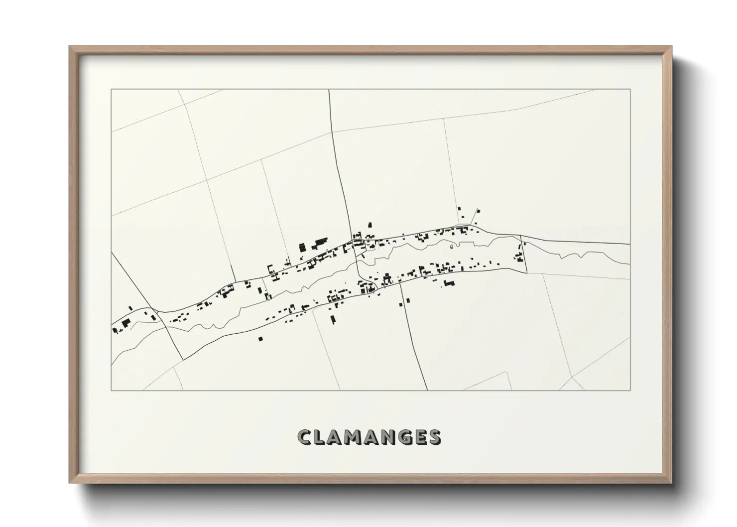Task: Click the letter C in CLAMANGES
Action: (x=305, y=437)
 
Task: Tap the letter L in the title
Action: (x=320, y=437)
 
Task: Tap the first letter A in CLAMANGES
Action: (x=336, y=437)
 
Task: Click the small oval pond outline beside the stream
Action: (x=452, y=246)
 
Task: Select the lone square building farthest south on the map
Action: (x=260, y=339)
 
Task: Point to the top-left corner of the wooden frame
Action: (x=70, y=47)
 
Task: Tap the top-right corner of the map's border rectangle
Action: (x=630, y=89)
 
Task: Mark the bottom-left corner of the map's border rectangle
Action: (x=111, y=391)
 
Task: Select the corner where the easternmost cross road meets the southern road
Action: (x=526, y=272)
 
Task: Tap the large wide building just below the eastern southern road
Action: (x=450, y=283)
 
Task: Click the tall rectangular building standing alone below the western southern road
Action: (x=333, y=319)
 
